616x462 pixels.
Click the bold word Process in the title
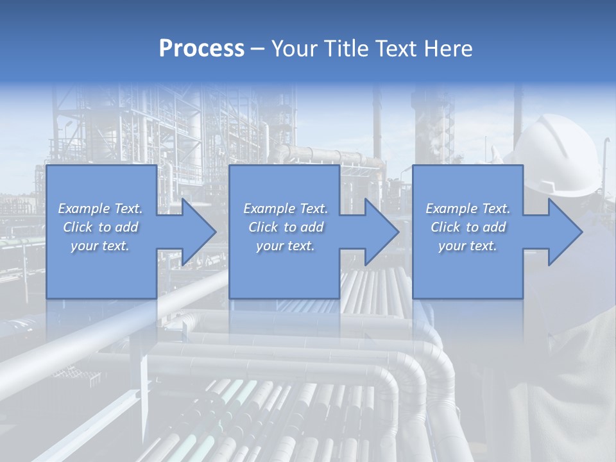tap(201, 49)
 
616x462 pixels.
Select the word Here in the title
tap(449, 49)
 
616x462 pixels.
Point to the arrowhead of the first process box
tap(199, 232)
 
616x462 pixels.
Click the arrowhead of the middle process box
tap(381, 232)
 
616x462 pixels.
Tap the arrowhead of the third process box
tap(565, 232)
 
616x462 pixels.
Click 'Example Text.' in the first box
tap(100, 209)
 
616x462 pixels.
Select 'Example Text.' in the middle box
tap(286, 209)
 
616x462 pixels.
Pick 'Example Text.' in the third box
tap(468, 209)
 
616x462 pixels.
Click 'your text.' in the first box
tap(100, 246)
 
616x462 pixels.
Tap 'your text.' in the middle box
tap(286, 246)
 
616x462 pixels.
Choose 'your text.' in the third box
tap(468, 246)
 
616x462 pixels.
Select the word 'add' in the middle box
tap(312, 227)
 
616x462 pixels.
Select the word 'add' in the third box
tap(494, 227)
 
